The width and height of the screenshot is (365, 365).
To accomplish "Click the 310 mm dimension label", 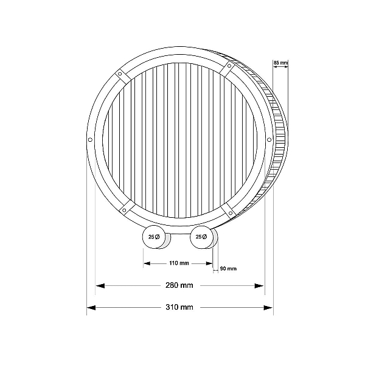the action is pyautogui.click(x=179, y=307).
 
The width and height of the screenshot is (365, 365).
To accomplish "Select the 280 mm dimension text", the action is pyautogui.click(x=179, y=285).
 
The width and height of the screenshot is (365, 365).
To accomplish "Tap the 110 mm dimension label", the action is pyautogui.click(x=179, y=263).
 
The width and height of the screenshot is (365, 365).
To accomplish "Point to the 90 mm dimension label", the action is pyautogui.click(x=228, y=269).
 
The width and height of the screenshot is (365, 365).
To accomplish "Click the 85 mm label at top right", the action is pyautogui.click(x=280, y=63).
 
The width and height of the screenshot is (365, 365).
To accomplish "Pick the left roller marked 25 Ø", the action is pyautogui.click(x=154, y=237).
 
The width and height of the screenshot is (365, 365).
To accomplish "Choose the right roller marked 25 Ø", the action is pyautogui.click(x=202, y=237).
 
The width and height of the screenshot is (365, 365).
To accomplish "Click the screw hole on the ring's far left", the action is pyautogui.click(x=90, y=140).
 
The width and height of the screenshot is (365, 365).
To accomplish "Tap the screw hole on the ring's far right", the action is pyautogui.click(x=269, y=140).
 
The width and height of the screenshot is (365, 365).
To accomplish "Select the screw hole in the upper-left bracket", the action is pyautogui.click(x=120, y=74).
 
